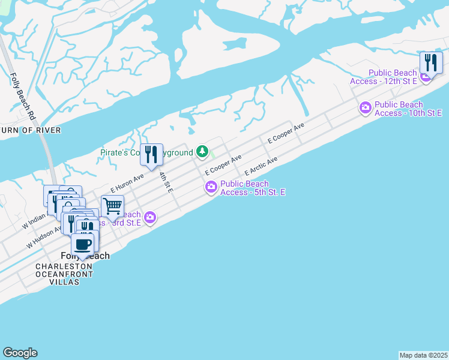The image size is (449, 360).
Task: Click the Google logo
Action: (20, 353)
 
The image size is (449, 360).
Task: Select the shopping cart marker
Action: (112, 206)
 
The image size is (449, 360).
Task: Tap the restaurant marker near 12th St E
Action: (430, 62)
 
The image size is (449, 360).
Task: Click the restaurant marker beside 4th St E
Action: (151, 154)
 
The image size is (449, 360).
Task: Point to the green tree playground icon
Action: (203, 151)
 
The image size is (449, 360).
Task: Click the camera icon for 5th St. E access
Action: (211, 188)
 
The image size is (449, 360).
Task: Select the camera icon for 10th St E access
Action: (365, 108)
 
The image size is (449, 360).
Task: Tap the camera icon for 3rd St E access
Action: (150, 217)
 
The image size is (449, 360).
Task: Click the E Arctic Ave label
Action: (261, 166)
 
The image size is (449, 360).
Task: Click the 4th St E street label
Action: (166, 182)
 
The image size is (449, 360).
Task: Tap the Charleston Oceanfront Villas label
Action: (64, 274)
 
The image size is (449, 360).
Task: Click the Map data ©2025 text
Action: (423, 355)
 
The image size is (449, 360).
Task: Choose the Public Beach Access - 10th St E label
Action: (408, 109)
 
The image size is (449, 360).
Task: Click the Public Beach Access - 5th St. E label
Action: (253, 188)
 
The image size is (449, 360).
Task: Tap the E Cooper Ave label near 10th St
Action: (286, 134)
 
